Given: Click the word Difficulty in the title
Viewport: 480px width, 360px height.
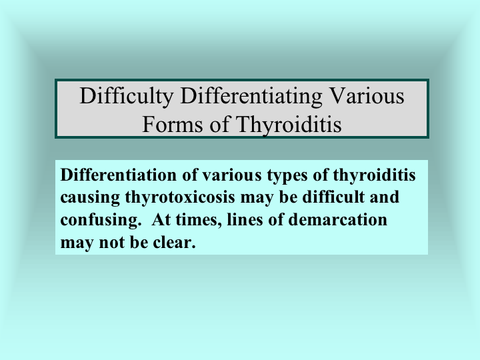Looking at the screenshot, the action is coord(127,97).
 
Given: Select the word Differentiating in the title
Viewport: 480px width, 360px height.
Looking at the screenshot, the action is coord(251,97).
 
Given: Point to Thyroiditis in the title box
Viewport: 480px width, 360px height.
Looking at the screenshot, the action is coord(289,125).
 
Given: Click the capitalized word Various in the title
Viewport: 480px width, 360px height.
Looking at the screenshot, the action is coord(367,96).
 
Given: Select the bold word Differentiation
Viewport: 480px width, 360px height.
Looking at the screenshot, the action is coord(119,175).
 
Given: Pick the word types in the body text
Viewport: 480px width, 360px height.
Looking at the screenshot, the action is coord(287,176).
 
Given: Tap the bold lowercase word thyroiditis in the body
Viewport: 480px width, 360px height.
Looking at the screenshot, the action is coord(374,176).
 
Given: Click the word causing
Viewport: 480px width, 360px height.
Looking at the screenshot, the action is coord(90,198).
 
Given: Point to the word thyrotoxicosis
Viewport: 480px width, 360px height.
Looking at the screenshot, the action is coord(180,198).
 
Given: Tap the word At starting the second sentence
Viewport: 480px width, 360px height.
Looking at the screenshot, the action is coord(161,219).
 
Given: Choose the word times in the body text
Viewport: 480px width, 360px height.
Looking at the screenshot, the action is coord(199,220).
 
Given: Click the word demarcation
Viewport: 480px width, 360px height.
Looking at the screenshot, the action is coord(337,219).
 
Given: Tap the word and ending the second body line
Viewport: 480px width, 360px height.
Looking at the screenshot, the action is coord(384,197).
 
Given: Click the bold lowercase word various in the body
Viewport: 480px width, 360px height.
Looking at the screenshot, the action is coord(232,175).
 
